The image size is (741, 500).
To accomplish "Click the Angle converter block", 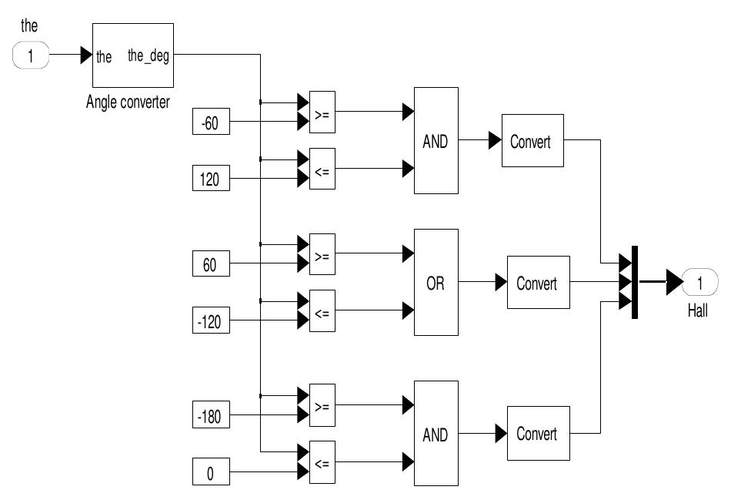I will (132, 56).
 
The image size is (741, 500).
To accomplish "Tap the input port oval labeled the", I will (31, 56).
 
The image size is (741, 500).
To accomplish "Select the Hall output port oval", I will (699, 283).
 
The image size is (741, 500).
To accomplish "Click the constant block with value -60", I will (211, 122).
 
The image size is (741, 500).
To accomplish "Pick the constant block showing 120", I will (211, 180).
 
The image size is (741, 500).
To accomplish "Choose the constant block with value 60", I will (211, 265).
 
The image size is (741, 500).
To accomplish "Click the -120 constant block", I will (211, 322).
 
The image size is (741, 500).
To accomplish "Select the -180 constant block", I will (211, 417).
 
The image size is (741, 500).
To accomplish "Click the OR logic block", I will (436, 283).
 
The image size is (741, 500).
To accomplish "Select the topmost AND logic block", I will (436, 141).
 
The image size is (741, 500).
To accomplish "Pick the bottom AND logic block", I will (436, 434).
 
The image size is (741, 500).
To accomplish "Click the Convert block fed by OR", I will (537, 283).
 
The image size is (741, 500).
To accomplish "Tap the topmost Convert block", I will (532, 141).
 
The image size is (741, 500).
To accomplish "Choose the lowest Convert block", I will (537, 433).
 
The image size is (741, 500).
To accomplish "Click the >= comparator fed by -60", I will (322, 112).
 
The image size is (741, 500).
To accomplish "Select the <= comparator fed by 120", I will (322, 169).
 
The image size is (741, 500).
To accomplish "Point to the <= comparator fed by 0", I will (322, 462).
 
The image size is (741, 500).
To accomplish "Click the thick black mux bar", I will (634, 282).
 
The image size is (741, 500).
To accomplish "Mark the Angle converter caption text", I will (128, 102).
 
